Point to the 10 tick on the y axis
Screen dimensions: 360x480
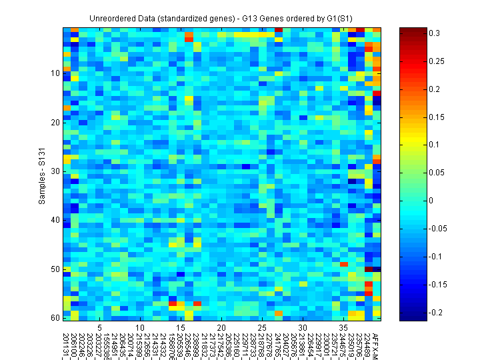[55, 73]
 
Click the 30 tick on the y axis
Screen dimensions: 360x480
[55, 171]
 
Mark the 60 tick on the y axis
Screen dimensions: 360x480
[55, 317]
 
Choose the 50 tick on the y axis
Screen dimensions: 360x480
[55, 269]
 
